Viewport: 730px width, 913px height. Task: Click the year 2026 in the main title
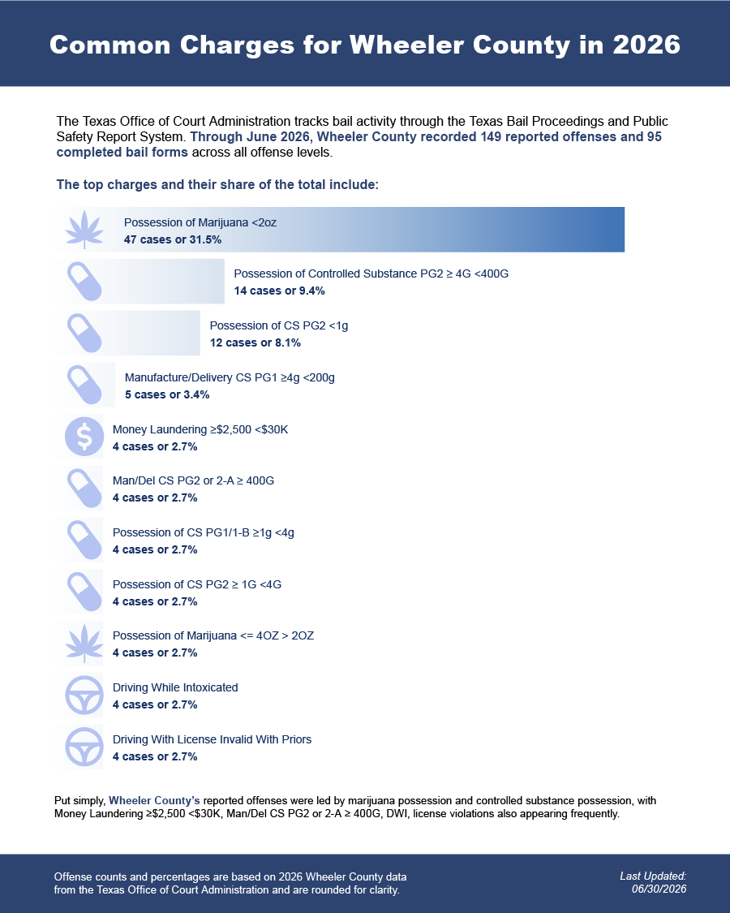coord(646,45)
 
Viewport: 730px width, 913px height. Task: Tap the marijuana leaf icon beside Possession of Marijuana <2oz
coord(84,230)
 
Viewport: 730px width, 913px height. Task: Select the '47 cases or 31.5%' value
coord(172,239)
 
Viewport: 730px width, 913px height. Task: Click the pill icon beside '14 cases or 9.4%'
coord(84,282)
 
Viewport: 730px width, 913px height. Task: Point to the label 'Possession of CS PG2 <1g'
coord(279,325)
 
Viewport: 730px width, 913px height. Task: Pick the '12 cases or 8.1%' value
coord(255,342)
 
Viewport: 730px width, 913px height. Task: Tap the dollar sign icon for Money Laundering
coord(84,436)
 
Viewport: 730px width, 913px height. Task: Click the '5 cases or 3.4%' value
coord(167,394)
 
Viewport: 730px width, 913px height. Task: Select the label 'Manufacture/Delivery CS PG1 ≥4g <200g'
coord(230,377)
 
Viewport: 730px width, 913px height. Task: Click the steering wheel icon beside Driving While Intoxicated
coord(84,695)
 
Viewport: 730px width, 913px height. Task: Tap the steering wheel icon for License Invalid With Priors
coord(84,747)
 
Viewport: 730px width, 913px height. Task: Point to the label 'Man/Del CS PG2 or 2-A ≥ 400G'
coord(193,480)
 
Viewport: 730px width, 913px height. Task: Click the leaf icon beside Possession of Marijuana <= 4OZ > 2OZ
coord(84,644)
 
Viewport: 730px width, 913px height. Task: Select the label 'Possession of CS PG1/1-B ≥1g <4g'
coord(203,532)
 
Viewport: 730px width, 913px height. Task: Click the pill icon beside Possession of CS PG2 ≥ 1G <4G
coord(84,592)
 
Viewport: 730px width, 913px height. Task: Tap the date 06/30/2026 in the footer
coord(659,889)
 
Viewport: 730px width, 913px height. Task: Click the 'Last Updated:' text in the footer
coord(653,876)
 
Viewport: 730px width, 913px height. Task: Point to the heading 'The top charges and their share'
coord(217,184)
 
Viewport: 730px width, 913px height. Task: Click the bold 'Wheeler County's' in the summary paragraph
coord(154,801)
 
